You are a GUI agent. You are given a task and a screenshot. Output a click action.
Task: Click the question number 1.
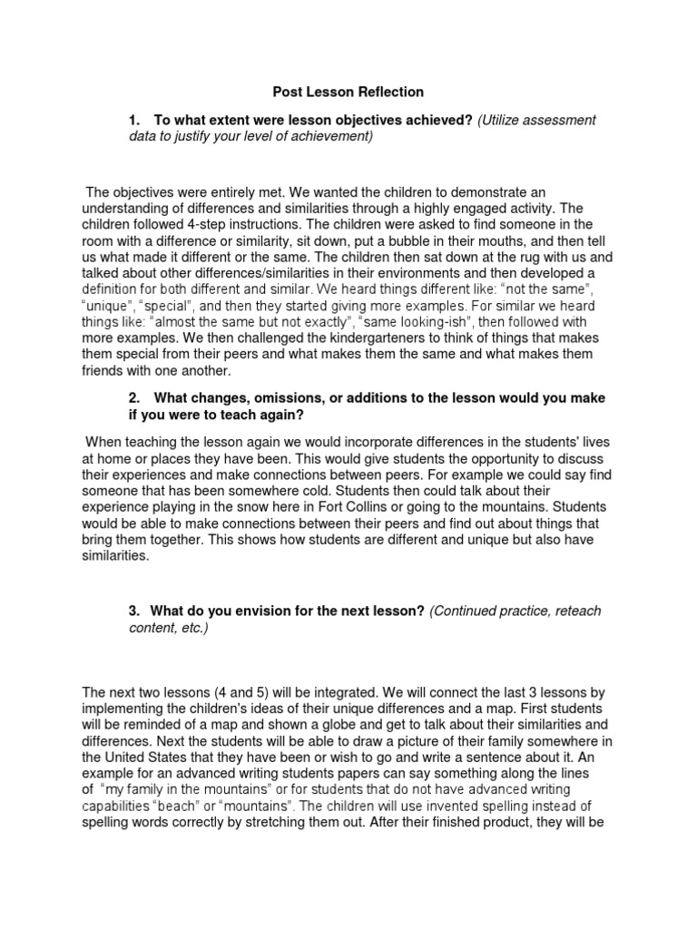pyautogui.click(x=133, y=120)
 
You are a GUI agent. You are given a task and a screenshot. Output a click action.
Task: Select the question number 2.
pyautogui.click(x=133, y=398)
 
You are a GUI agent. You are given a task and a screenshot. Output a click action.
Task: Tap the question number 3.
pyautogui.click(x=133, y=611)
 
